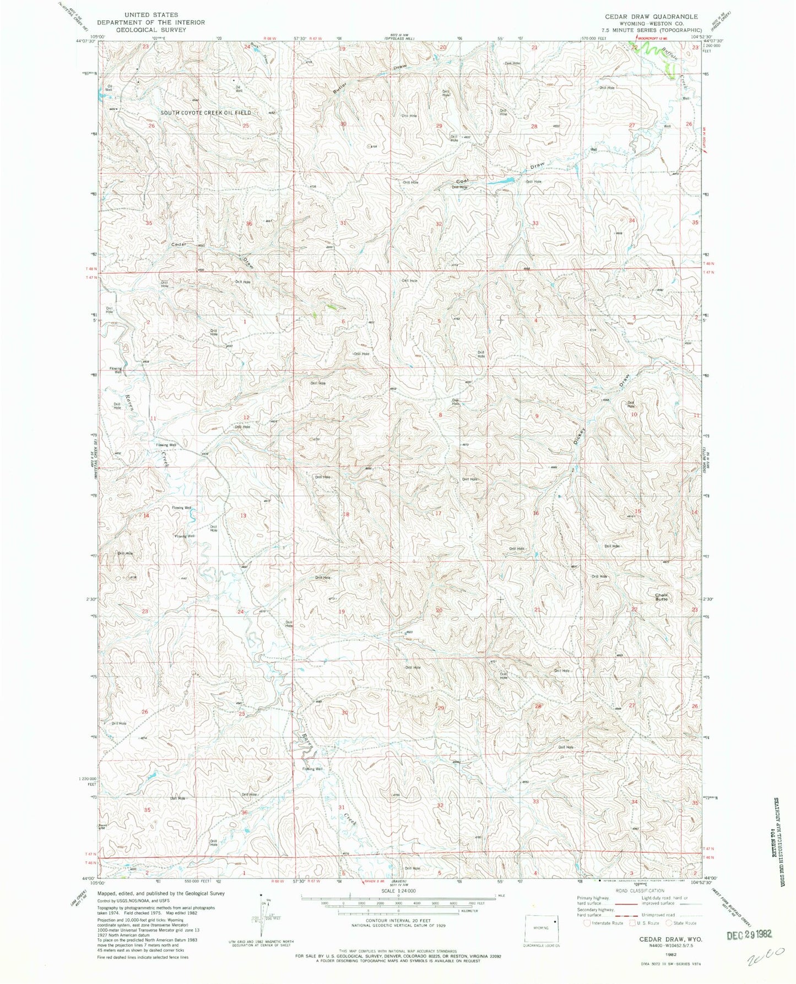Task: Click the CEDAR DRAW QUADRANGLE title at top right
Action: click(651, 17)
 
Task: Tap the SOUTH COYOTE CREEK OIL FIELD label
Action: click(205, 112)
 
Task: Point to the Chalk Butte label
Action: click(661, 597)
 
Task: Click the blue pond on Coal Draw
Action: click(500, 180)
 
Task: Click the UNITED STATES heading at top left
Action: click(150, 15)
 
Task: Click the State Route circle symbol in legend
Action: click(669, 923)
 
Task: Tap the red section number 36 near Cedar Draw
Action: click(249, 223)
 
